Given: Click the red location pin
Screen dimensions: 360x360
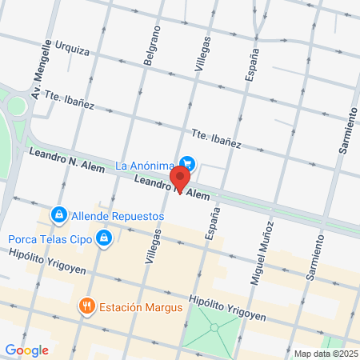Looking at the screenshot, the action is (181, 178).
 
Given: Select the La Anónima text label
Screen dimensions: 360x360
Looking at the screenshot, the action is (145, 166).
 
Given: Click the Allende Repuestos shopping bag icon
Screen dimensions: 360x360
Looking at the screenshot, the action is (58, 215).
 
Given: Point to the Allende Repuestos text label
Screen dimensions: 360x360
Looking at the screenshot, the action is (118, 216).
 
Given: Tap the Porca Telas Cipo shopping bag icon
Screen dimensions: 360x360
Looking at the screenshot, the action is (103, 238).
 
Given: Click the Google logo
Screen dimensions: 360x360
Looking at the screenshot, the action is (26, 350).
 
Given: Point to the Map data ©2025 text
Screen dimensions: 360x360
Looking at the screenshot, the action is (324, 354).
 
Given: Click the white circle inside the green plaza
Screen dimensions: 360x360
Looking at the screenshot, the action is (213, 327).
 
